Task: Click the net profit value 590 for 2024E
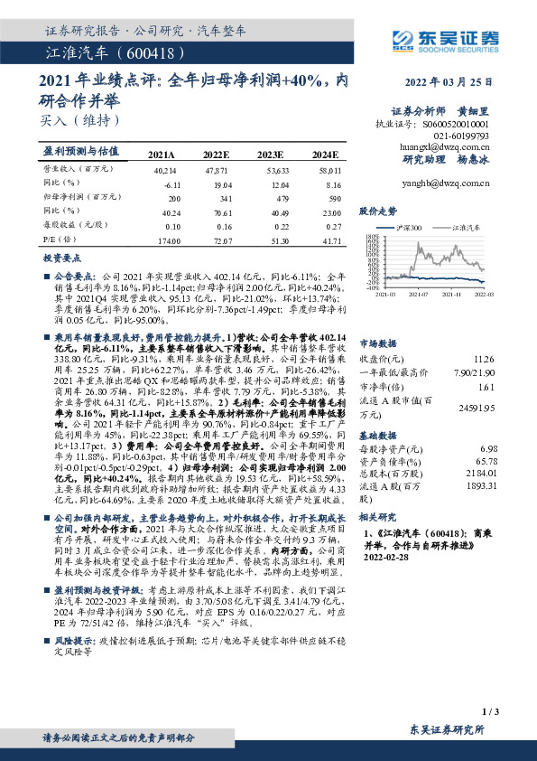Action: click(x=333, y=199)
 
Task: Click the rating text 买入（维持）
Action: click(x=79, y=117)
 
